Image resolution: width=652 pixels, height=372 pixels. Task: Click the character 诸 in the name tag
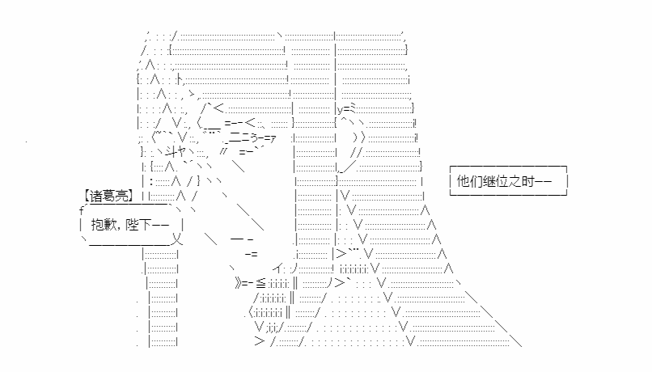coord(96,196)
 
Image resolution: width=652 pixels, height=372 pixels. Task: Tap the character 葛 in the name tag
coord(109,196)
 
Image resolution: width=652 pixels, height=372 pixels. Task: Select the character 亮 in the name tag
coord(122,196)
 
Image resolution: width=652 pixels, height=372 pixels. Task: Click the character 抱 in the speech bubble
coord(98,225)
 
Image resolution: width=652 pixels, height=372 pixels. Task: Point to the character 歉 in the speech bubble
coord(111,225)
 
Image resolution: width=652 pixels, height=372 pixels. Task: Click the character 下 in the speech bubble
coord(146,225)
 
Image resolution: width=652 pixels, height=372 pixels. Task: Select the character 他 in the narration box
coord(464,181)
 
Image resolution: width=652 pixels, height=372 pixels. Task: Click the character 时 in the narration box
coord(527,181)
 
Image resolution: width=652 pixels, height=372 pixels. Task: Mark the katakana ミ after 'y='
coord(352,109)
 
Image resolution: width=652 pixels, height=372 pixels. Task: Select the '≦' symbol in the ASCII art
coord(260,284)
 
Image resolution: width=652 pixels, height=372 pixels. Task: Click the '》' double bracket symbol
coord(238,284)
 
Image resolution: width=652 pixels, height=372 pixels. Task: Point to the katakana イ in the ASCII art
coord(278,268)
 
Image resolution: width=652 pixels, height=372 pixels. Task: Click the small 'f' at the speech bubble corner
coord(82,211)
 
